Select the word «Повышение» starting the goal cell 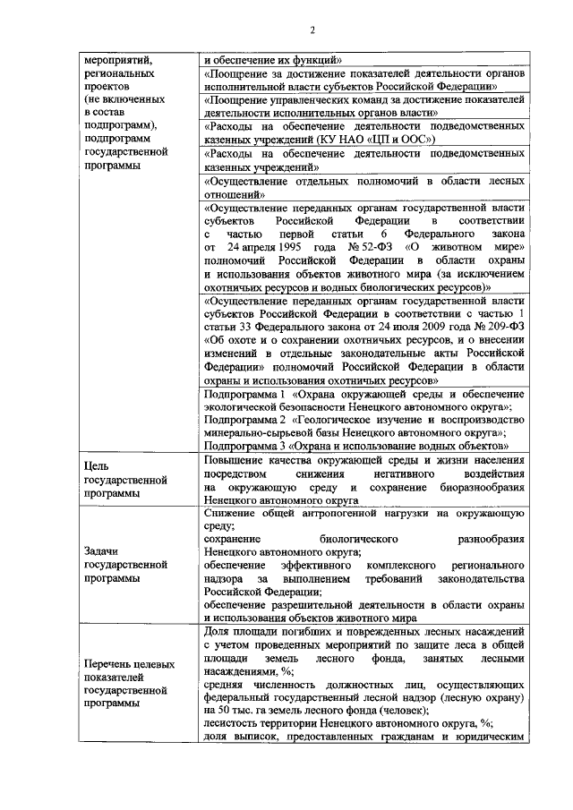[232, 460]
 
